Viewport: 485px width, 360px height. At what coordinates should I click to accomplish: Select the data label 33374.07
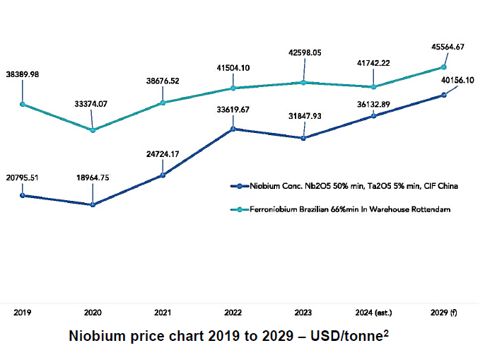click(91, 104)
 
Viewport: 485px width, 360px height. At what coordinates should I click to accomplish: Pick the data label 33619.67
click(233, 110)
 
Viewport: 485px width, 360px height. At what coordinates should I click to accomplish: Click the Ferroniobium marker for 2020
click(92, 129)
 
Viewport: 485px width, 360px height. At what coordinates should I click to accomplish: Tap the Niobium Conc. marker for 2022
click(233, 129)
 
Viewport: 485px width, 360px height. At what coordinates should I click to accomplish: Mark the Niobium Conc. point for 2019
click(22, 195)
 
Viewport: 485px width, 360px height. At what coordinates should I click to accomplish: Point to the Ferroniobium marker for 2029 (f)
click(444, 67)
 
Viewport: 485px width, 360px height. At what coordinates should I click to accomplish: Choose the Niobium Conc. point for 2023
click(303, 138)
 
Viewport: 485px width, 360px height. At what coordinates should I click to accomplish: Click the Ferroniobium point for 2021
click(163, 103)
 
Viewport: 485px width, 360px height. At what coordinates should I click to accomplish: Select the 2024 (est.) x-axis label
click(374, 311)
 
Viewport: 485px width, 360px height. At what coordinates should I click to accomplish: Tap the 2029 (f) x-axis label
click(444, 311)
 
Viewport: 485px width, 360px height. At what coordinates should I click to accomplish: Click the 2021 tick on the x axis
click(163, 311)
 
